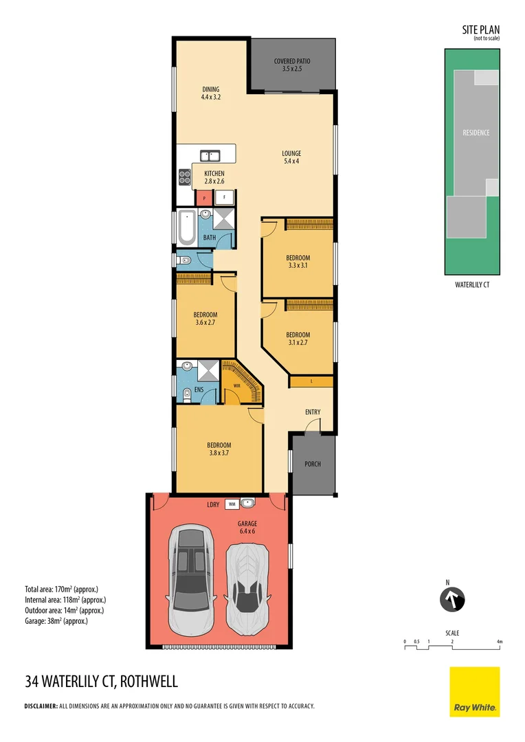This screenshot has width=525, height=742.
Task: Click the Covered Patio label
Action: click(x=293, y=65)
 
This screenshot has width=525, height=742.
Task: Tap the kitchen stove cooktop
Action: click(x=184, y=178)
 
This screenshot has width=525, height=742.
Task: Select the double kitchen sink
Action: click(x=210, y=155)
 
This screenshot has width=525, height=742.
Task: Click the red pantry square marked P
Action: click(x=204, y=199)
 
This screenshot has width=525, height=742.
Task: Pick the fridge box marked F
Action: click(x=224, y=199)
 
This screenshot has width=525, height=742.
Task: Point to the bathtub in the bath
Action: click(x=186, y=227)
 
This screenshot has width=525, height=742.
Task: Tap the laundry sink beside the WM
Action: click(x=247, y=503)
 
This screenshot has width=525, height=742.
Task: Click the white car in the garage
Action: click(x=247, y=589)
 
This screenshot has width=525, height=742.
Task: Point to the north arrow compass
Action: click(x=453, y=598)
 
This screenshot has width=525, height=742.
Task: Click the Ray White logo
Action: click(x=474, y=692)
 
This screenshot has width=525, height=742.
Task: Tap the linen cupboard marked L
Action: click(x=311, y=381)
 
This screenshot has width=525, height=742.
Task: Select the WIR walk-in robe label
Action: click(x=237, y=385)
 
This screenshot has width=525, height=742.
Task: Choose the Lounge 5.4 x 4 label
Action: click(x=291, y=157)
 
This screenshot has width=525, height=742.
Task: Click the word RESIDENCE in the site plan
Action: click(x=476, y=133)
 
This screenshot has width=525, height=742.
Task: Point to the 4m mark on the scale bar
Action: click(x=500, y=642)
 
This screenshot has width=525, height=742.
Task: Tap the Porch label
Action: click(x=312, y=464)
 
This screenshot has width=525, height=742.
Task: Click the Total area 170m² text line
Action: click(x=66, y=589)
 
